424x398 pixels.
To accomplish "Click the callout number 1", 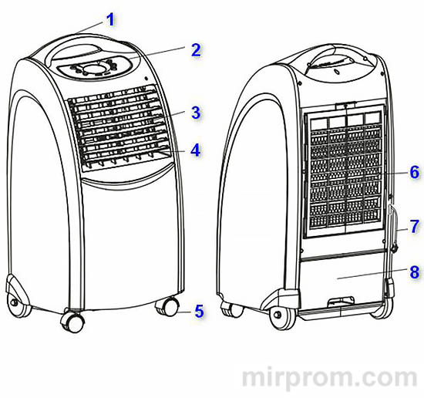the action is coord(110,20).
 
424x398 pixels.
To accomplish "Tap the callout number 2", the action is coord(196,50).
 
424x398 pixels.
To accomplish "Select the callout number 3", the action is coord(196,113).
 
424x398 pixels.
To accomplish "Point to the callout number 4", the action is coord(196,150).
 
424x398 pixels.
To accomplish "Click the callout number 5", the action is coord(199,311).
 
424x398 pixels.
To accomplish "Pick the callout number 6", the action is coord(415,172).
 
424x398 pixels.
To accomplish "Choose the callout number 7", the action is coord(415,226).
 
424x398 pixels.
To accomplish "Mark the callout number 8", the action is coord(415,272).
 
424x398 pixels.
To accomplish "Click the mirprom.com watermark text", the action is coord(329,377).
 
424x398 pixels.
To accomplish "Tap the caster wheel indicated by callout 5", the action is coord(167,306).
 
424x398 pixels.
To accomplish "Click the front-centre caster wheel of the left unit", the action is coord(72,321).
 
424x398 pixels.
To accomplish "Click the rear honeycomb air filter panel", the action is coord(345,171).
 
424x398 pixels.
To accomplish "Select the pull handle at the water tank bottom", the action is coord(341,302).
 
